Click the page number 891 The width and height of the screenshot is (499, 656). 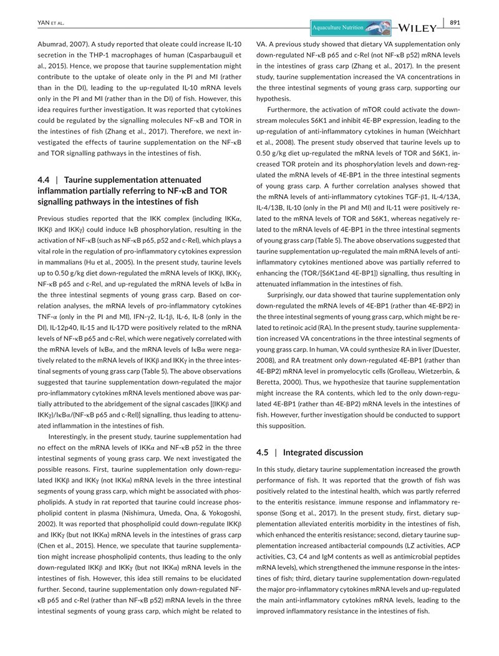point(454,23)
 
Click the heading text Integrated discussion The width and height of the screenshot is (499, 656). point(323,452)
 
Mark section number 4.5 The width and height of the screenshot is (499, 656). point(264,452)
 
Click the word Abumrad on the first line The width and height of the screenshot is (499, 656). point(53,45)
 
